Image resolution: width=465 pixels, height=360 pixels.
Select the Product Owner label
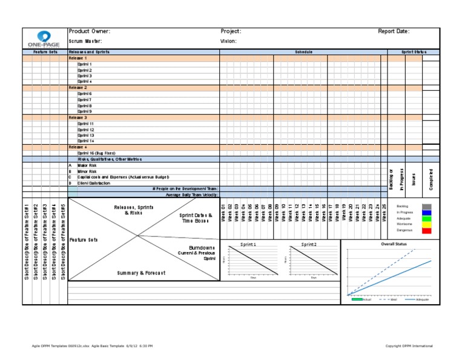pyautogui.click(x=90, y=31)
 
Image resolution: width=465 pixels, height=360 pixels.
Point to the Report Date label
pyautogui.click(x=394, y=31)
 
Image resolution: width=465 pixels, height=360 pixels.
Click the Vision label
pyautogui.click(x=229, y=41)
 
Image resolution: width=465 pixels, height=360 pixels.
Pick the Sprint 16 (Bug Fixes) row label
pyautogui.click(x=96, y=153)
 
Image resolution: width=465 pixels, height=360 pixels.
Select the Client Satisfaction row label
pyautogui.click(x=94, y=182)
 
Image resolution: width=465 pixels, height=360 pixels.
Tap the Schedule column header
pyautogui.click(x=303, y=52)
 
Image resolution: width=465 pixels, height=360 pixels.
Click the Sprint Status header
pyautogui.click(x=414, y=52)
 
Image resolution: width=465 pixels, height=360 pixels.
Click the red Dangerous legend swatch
pyautogui.click(x=427, y=230)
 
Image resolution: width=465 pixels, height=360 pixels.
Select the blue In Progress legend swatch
pyautogui.click(x=427, y=212)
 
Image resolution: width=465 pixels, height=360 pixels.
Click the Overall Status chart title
pyautogui.click(x=394, y=244)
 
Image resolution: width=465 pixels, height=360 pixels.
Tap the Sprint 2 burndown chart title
pyautogui.click(x=309, y=244)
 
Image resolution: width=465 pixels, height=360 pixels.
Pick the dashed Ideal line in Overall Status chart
pyautogui.click(x=387, y=267)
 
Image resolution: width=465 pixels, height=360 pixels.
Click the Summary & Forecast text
pyautogui.click(x=140, y=273)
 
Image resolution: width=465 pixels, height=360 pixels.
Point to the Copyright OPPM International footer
pyautogui.click(x=409, y=346)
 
